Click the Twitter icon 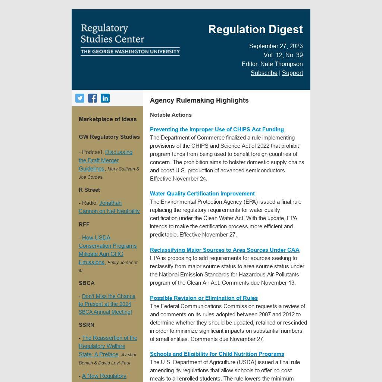point(80,98)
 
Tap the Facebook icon point(93,98)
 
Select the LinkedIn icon point(105,98)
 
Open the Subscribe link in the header point(264,73)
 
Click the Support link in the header point(292,73)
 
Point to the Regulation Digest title point(255,29)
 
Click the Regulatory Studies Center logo point(130,40)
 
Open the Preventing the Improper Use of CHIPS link point(217,129)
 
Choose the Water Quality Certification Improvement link point(202,194)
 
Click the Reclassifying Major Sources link point(225,250)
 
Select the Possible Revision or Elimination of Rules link point(204,298)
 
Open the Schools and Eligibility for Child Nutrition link point(217,354)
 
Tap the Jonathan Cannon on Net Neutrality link point(109,207)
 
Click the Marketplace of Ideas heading point(107,119)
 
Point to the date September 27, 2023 point(276,46)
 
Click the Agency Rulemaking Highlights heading point(199,100)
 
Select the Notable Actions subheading point(171,115)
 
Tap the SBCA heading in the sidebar point(87,283)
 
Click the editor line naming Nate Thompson point(272,64)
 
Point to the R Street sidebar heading point(89,190)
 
